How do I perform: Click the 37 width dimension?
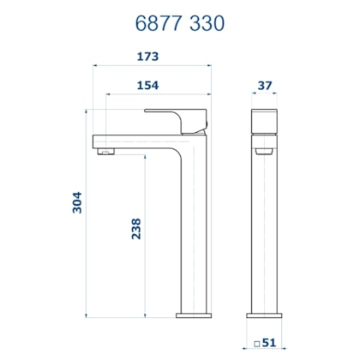pyautogui.click(x=265, y=86)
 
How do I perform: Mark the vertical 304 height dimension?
pyautogui.click(x=77, y=201)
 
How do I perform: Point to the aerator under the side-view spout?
pyautogui.click(x=105, y=153)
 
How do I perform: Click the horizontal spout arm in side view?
pyautogui.click(x=137, y=141)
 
